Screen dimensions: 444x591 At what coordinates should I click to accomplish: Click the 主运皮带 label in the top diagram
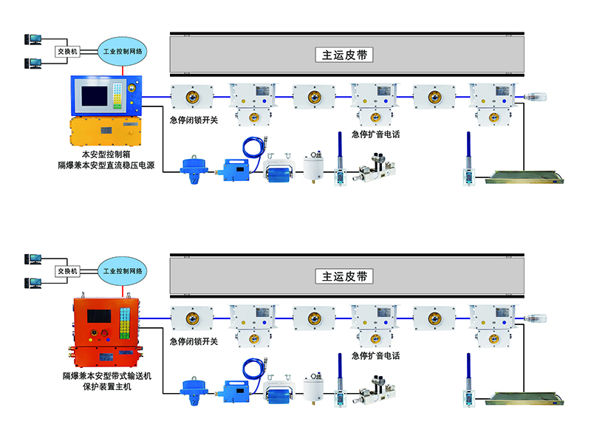tap(344, 55)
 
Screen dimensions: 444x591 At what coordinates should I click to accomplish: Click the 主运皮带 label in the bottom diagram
tap(344, 276)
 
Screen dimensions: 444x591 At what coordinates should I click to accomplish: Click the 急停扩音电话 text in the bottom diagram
tap(376, 356)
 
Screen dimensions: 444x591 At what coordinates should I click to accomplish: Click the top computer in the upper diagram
tap(33, 41)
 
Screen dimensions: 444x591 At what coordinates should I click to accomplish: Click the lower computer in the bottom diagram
tap(33, 283)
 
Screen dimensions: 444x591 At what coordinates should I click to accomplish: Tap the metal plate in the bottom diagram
tap(525, 402)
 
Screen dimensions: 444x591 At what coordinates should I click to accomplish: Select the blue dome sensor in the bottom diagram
tap(194, 389)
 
